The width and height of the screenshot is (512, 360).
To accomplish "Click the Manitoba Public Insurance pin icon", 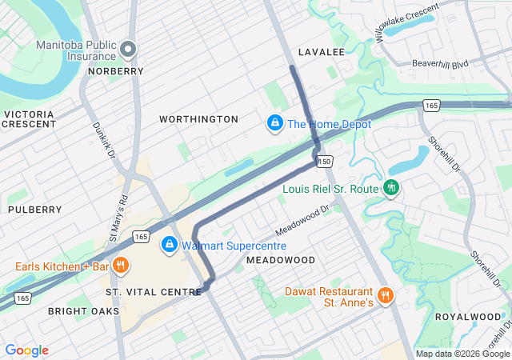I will [x=127, y=51].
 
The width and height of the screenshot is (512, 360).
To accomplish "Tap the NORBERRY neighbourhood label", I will [x=117, y=71].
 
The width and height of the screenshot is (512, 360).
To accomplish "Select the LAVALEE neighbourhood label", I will [x=321, y=52].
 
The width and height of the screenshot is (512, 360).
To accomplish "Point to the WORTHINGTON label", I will [x=198, y=119].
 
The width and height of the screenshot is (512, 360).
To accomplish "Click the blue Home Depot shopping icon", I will [x=274, y=123].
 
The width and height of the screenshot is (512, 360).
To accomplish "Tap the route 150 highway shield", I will [x=323, y=162].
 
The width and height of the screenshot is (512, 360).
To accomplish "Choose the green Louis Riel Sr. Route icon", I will [x=391, y=188].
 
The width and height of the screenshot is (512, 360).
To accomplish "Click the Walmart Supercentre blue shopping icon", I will [x=170, y=245].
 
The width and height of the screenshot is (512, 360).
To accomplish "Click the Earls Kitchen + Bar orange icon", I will [x=120, y=266].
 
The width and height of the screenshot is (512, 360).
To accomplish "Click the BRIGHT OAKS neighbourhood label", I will [x=83, y=311].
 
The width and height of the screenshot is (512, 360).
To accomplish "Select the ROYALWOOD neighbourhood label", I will [x=468, y=317].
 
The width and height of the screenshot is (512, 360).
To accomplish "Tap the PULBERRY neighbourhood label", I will [x=34, y=210].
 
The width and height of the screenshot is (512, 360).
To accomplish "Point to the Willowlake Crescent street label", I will [x=406, y=22].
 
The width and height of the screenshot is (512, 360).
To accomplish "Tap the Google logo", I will [x=26, y=350].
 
